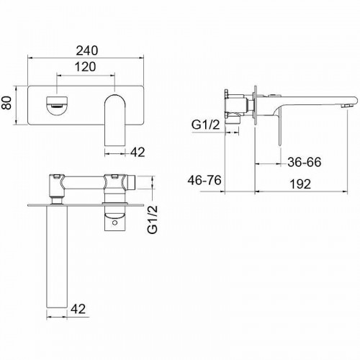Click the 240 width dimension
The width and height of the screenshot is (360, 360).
point(87,50)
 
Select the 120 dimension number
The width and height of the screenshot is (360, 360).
point(86,67)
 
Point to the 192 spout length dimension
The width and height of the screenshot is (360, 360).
point(300,184)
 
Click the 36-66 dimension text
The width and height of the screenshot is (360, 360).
point(305,162)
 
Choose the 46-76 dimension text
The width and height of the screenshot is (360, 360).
point(204,180)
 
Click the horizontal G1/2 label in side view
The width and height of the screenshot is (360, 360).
point(206,125)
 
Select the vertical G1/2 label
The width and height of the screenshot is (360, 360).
point(153,220)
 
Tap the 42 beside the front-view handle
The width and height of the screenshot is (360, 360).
point(138,152)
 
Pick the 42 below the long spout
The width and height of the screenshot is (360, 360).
point(78,309)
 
